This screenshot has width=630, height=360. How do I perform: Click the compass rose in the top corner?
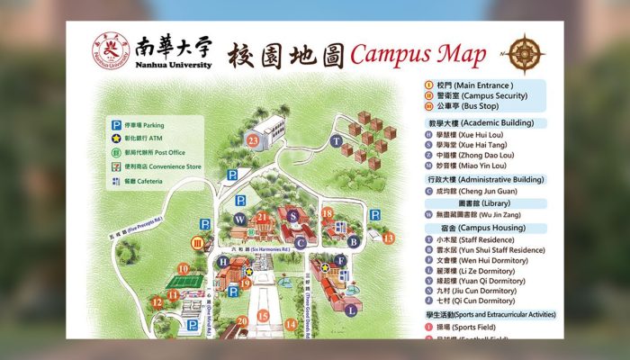pyautogui.click(x=524, y=52)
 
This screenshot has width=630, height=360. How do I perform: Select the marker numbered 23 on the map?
pyautogui.click(x=254, y=139)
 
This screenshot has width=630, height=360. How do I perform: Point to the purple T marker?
pyautogui.click(x=336, y=140)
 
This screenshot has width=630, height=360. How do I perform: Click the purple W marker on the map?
pyautogui.click(x=239, y=219)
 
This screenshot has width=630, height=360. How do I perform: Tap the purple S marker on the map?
pyautogui.click(x=292, y=214)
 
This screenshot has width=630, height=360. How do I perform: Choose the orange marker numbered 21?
pyautogui.click(x=263, y=216)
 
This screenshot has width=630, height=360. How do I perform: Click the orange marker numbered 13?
pyautogui.click(x=388, y=238)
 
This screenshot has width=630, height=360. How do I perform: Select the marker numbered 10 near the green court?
pyautogui.click(x=184, y=267)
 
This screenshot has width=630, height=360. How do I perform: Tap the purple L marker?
pyautogui.click(x=350, y=309)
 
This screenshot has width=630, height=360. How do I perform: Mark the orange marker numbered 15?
pyautogui.click(x=263, y=316)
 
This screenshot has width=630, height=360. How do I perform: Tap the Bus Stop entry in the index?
pyautogui.click(x=469, y=107)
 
